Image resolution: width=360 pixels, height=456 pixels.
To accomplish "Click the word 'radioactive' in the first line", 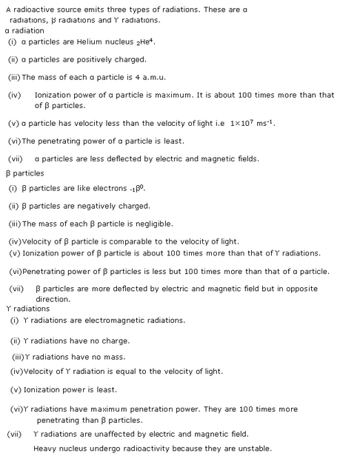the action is pyautogui.click(x=32, y=7).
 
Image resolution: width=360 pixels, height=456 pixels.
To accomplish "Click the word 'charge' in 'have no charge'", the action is pyautogui.click(x=117, y=341).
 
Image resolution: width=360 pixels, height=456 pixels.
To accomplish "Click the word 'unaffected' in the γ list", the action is pyautogui.click(x=111, y=435).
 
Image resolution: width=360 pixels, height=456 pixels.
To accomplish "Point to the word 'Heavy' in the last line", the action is pyautogui.click(x=44, y=449).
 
